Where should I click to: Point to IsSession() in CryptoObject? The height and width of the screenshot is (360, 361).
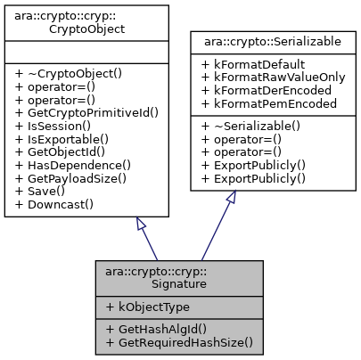tap(53, 126)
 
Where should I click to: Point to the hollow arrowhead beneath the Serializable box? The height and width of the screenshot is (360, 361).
tap(229, 198)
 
